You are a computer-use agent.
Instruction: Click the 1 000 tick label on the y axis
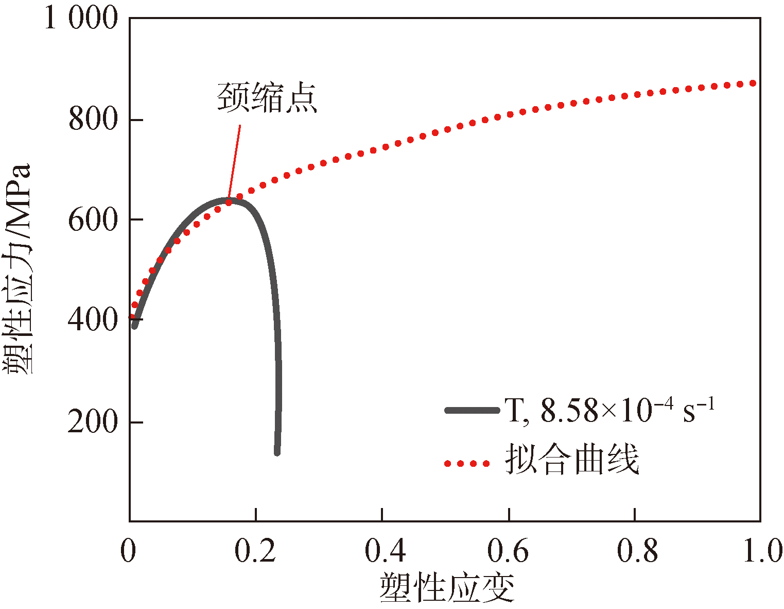coord(81,19)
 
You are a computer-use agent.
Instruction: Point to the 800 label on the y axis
coord(93,120)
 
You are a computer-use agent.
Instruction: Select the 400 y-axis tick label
coord(93,321)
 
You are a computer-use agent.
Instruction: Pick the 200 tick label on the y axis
coord(93,422)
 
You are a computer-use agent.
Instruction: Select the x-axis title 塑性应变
coord(447,588)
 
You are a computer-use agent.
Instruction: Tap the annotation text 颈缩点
coord(267,97)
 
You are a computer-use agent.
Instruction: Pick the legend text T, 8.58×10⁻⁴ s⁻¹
coord(610,411)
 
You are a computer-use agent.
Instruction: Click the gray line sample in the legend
coord(472,411)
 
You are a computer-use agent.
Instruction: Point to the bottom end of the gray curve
coord(277,452)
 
